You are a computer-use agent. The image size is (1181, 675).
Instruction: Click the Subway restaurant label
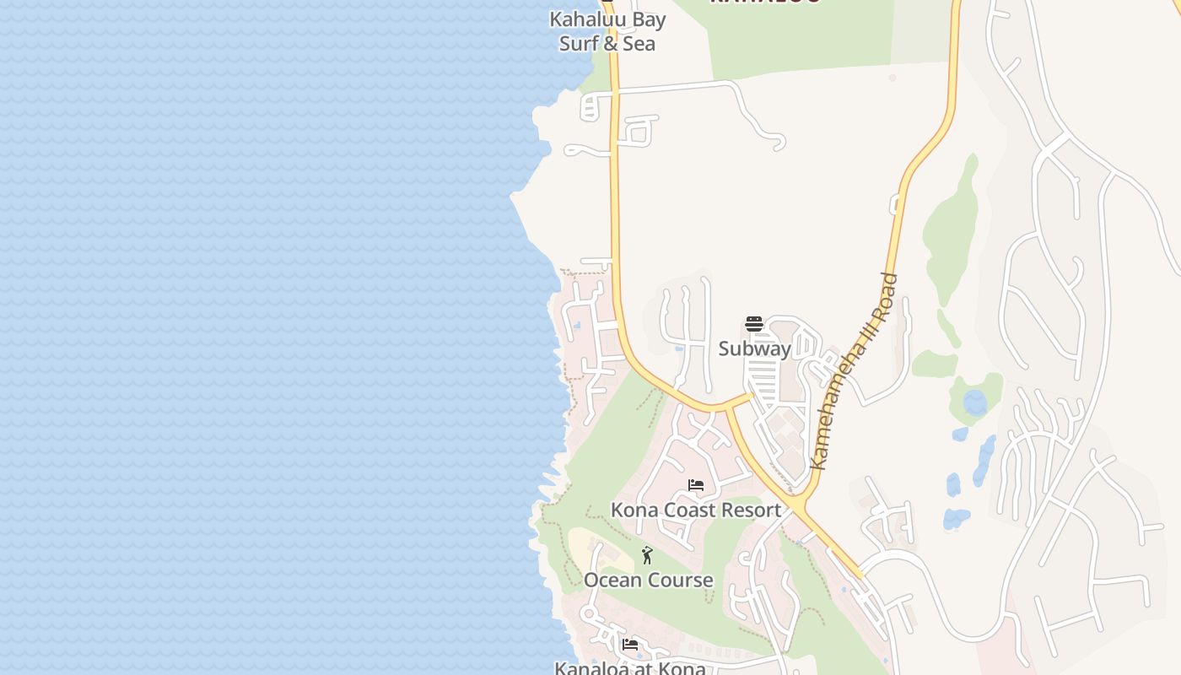coord(754,348)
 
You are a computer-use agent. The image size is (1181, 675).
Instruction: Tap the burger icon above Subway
coord(754,324)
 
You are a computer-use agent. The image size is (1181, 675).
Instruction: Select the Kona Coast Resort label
coord(696,510)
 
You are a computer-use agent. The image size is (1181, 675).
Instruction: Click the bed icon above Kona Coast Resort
coord(696,485)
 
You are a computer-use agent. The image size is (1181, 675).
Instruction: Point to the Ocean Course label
coord(648,580)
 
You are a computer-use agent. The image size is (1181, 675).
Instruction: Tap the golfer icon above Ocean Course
coord(647,555)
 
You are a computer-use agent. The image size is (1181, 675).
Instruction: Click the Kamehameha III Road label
coord(853,372)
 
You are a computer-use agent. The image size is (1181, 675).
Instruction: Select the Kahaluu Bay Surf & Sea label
coord(607,31)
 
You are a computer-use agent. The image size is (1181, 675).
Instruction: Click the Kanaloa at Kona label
coord(629,668)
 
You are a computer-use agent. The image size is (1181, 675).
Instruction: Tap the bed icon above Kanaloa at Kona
coord(630,645)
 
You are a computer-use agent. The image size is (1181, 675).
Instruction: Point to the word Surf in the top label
coord(578,44)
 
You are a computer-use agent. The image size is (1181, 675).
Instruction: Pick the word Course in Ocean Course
coord(680,580)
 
